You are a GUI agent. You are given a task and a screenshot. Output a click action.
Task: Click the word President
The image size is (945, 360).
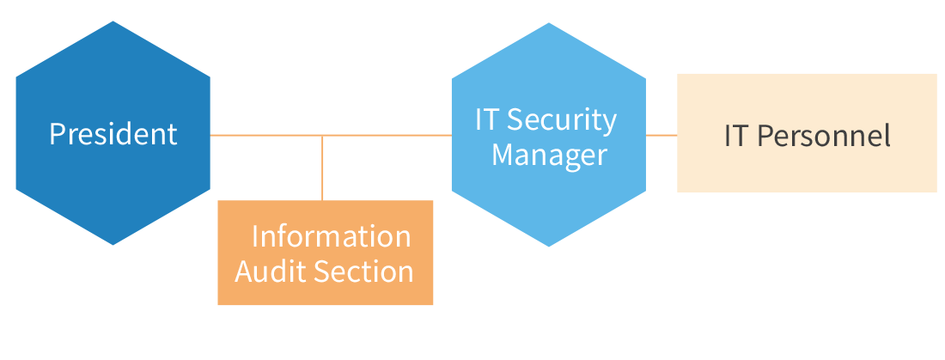click(113, 134)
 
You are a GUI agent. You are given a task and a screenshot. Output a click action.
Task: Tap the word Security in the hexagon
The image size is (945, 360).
click(568, 120)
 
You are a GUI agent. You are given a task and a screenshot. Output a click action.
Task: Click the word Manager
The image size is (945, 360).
click(549, 156)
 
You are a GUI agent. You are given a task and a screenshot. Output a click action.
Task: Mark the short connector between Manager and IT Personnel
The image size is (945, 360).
click(661, 135)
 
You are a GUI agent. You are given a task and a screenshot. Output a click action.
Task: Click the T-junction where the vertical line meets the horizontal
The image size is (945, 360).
click(322, 136)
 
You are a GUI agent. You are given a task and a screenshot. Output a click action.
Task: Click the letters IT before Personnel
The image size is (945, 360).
click(737, 136)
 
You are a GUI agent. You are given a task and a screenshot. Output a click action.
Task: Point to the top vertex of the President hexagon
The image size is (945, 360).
click(113, 22)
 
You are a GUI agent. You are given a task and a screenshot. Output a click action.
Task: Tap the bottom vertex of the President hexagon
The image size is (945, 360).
click(113, 244)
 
